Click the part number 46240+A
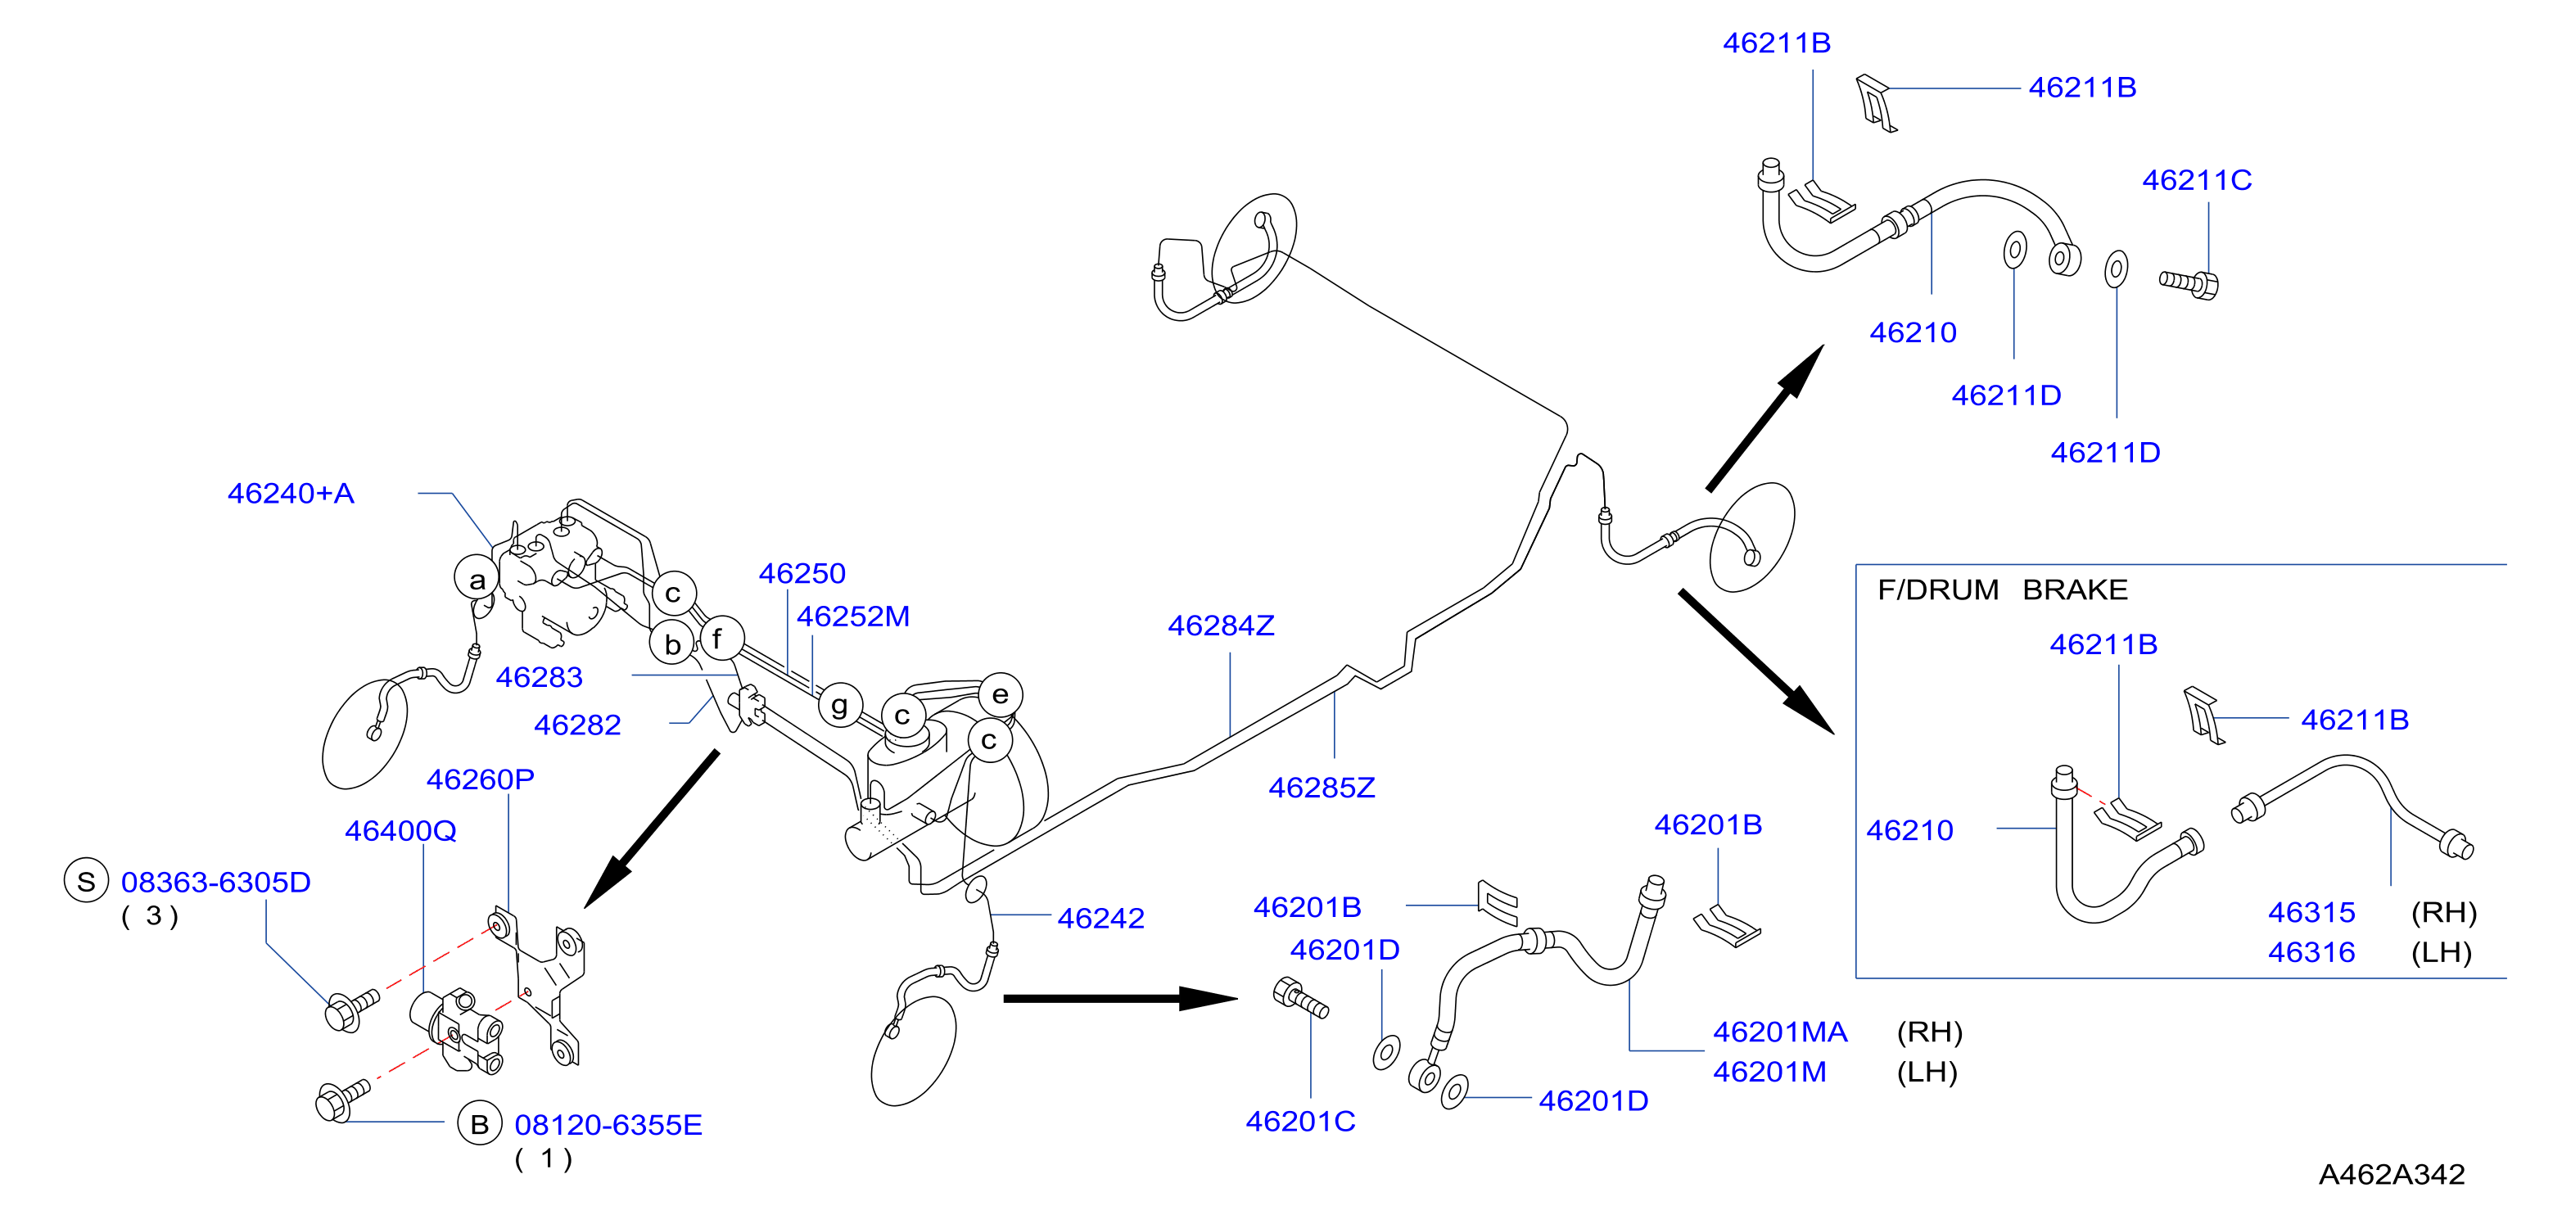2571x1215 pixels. [x=291, y=493]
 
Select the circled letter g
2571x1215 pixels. [x=840, y=706]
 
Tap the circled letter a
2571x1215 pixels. [x=477, y=579]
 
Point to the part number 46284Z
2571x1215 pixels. [x=1221, y=626]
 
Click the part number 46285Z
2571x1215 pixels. [x=1322, y=788]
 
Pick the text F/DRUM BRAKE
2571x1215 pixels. [x=2002, y=590]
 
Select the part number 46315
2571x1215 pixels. [x=2311, y=913]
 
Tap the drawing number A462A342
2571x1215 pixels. [x=2392, y=1174]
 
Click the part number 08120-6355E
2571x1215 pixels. [x=608, y=1125]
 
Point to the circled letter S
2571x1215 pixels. [x=86, y=882]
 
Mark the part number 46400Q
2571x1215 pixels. [x=400, y=831]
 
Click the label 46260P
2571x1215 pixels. [x=480, y=779]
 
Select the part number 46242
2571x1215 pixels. [x=1100, y=919]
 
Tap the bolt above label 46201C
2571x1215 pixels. [x=1300, y=998]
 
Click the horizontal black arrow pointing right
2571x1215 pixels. [x=1121, y=998]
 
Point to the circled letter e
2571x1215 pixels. [x=1000, y=695]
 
